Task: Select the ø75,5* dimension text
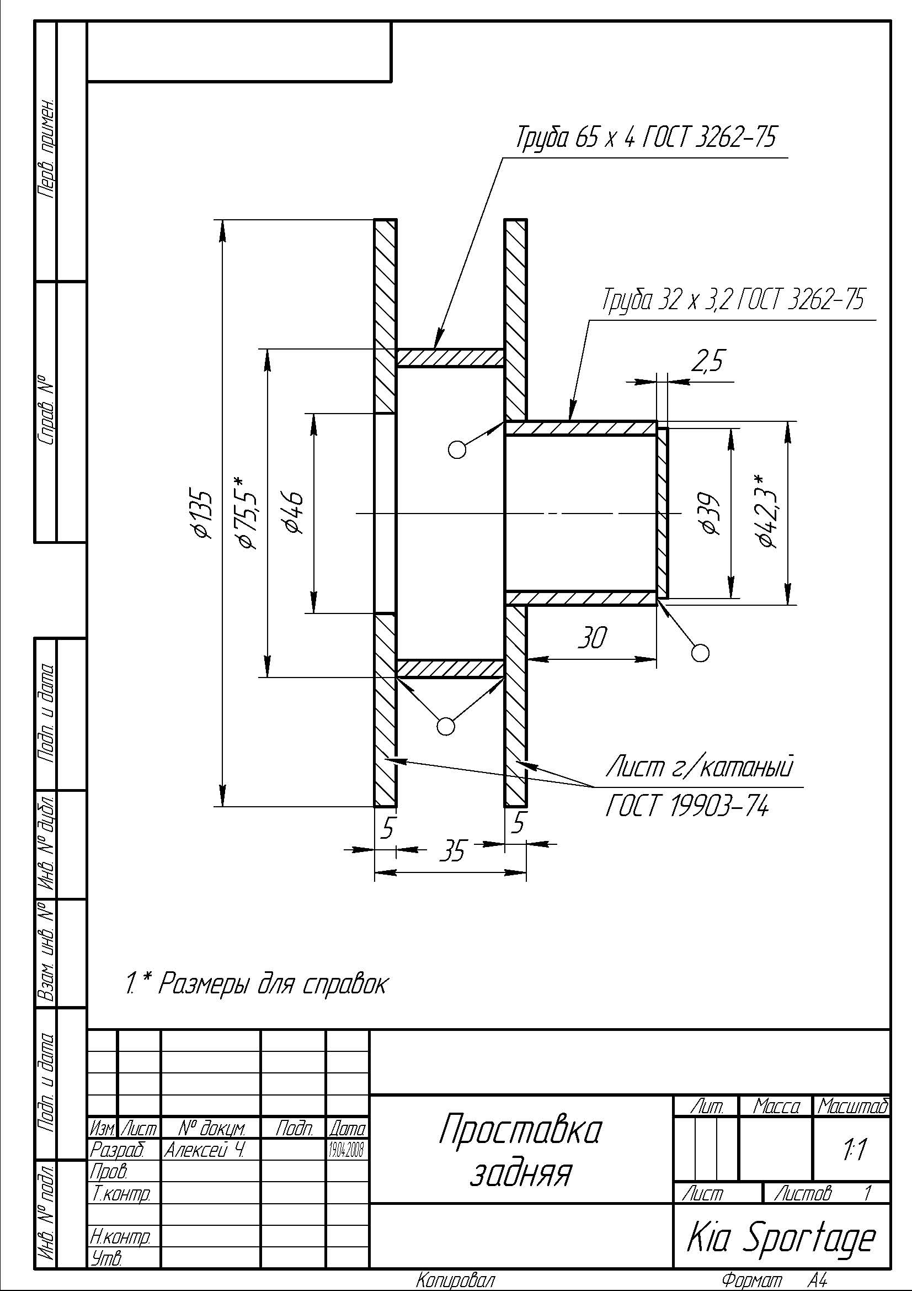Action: (248, 513)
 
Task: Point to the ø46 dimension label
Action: (294, 513)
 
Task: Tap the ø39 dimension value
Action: (708, 514)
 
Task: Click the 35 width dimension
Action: (452, 851)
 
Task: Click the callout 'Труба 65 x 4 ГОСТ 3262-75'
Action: (646, 137)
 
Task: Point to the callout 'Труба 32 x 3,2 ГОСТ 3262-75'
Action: (733, 300)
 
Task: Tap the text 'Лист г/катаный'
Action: (700, 767)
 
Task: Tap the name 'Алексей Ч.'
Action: (204, 1150)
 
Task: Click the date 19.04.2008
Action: (347, 1150)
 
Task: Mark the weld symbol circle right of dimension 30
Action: (700, 653)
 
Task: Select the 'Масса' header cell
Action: (776, 1107)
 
